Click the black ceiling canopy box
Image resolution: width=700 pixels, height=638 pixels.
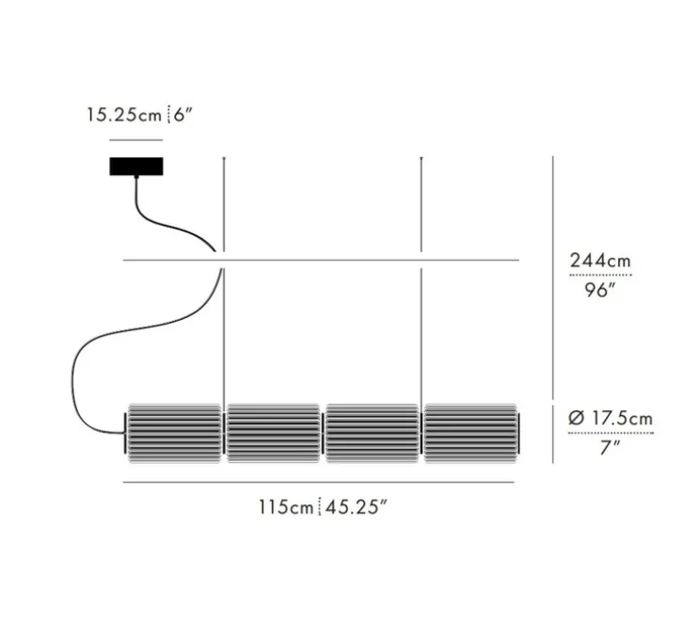pos(136,167)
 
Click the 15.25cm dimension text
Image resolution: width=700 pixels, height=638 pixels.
pos(124,116)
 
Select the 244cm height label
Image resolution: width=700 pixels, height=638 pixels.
pos(600,261)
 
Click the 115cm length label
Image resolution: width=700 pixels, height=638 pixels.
pos(286,508)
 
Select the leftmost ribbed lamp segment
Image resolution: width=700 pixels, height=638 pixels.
pos(174,434)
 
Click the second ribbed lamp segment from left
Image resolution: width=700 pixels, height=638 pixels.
pos(273,434)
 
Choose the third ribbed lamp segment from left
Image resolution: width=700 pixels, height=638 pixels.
pos(372,434)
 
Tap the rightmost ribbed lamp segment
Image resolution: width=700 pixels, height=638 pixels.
pos(470,434)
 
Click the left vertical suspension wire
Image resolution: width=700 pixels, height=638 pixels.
pos(223,329)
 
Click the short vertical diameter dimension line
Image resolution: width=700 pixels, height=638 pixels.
pos(552,434)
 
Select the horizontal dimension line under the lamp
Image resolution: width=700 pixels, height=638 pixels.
pos(320,484)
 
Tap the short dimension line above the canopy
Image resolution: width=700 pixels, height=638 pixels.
pos(136,138)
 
